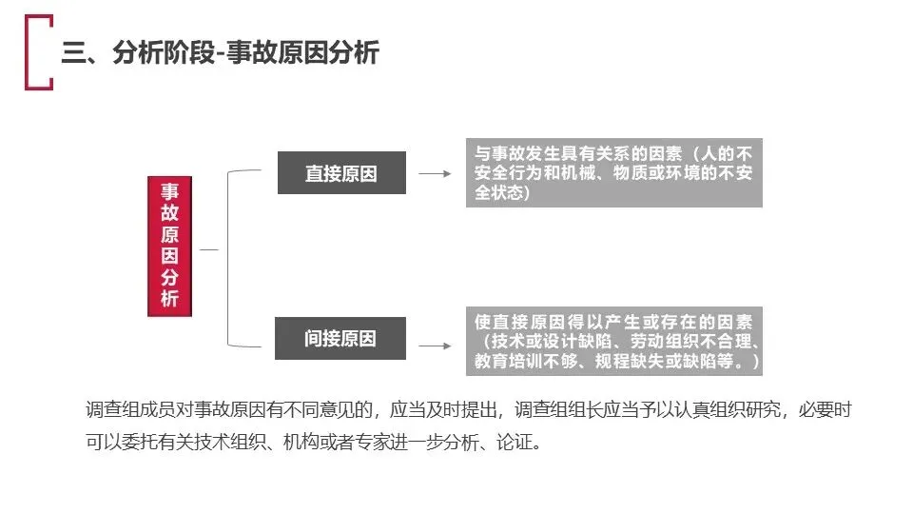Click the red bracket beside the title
[27, 52]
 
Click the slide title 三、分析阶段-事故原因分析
[220, 52]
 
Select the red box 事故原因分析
[169, 246]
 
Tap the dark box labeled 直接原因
[341, 172]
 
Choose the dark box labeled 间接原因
[340, 338]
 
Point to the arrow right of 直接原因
[435, 173]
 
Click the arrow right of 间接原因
[435, 346]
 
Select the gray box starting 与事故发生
[613, 172]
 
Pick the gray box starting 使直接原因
[613, 341]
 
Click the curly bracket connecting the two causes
[227, 258]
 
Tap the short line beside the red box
[209, 249]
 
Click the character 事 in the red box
[169, 191]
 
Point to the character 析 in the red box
[169, 298]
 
